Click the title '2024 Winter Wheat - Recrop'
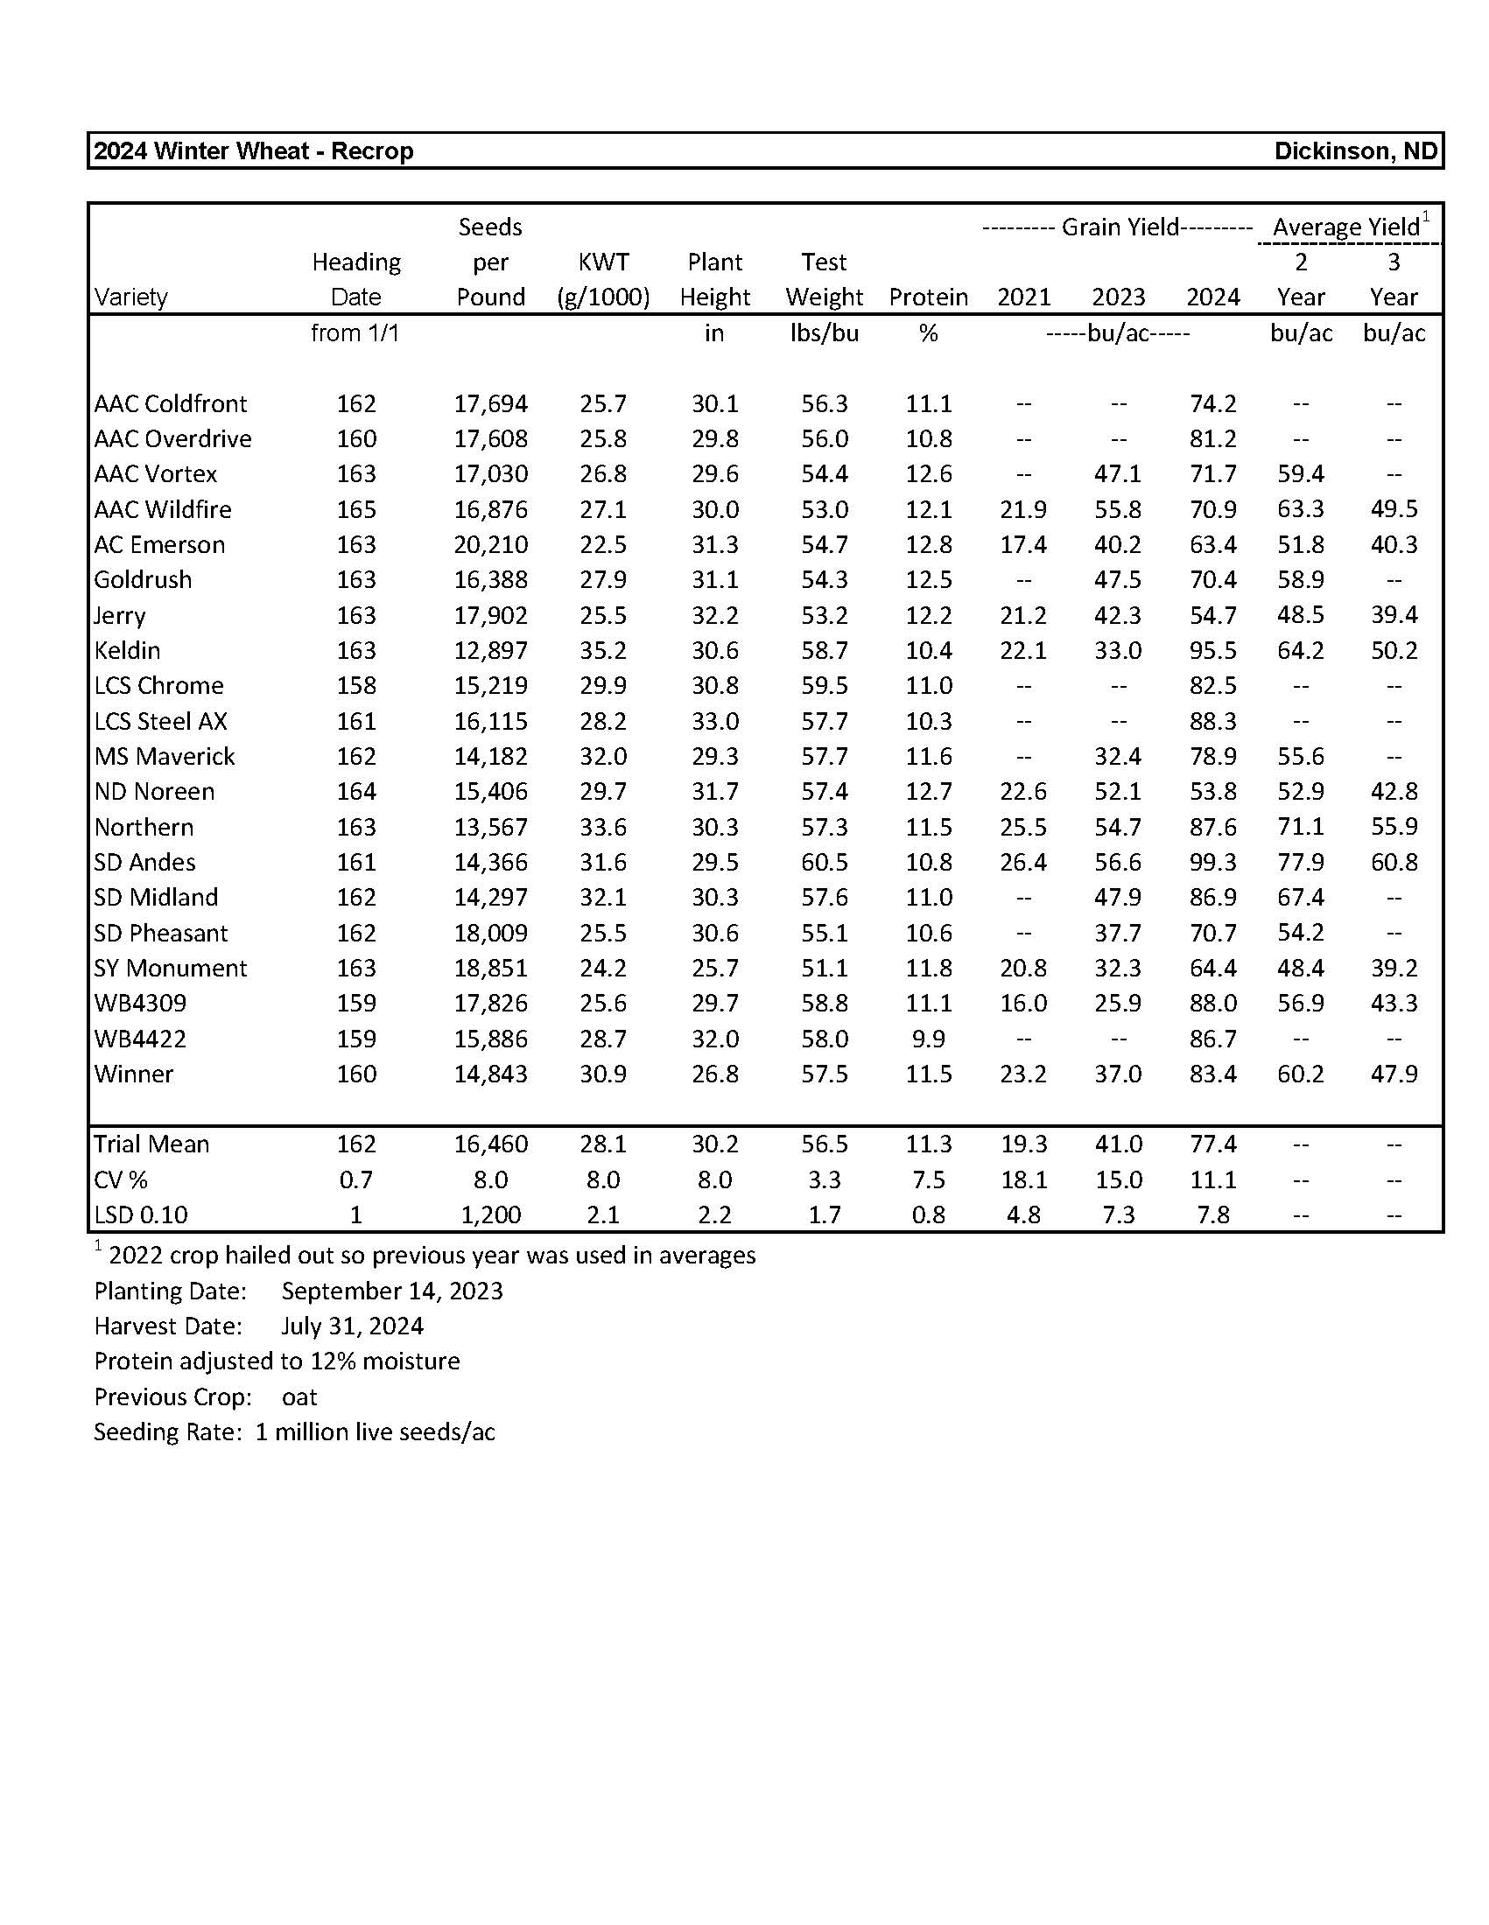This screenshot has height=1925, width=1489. pos(253,151)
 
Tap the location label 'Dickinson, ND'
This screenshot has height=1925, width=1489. pos(1355,151)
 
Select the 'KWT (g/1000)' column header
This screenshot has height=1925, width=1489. pos(603,280)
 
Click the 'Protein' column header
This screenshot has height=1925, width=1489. pos(928,297)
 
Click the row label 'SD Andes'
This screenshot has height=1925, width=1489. pos(144,862)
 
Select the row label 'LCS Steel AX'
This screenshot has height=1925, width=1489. pos(160,721)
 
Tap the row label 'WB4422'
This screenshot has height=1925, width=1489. pos(140,1039)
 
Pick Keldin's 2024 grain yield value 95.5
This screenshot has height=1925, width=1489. pos(1212,650)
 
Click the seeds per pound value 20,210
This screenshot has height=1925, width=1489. pos(490,545)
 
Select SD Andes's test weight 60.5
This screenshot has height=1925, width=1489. pos(824,862)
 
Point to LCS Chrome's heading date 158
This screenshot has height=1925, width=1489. pos(355,686)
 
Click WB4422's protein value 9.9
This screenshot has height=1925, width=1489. pos(928,1039)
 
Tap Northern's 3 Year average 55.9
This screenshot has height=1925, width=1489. pos(1393,827)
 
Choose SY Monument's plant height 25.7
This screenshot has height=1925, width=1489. pos(714,968)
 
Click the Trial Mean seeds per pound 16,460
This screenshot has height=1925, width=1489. pos(490,1144)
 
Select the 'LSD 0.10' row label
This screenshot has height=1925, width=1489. pos(141,1214)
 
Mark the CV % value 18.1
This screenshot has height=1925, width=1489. pos(1022,1179)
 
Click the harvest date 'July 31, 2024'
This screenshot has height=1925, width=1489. pos(352,1326)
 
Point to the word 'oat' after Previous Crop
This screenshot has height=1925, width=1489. pos(299,1396)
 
